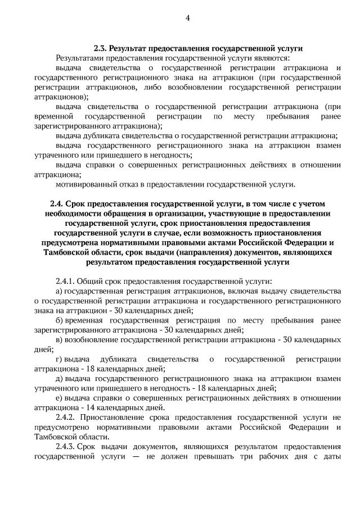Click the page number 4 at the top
tap(187, 18)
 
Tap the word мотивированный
tap(84, 184)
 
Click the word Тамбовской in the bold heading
tap(65, 252)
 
